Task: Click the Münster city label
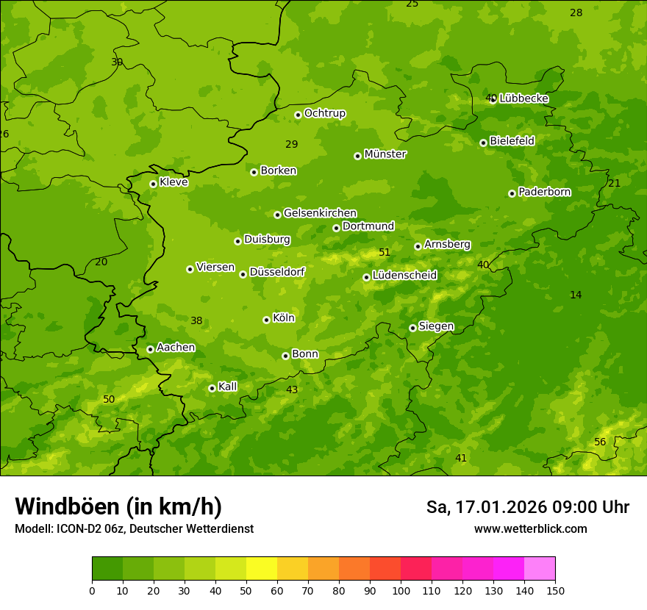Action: [385, 154]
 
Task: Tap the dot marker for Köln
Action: [266, 320]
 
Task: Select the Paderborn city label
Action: [544, 192]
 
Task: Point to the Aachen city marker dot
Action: [150, 349]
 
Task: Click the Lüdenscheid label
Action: [404, 276]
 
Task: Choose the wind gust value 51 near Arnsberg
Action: [385, 252]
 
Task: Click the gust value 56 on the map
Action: [600, 442]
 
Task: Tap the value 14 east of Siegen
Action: [576, 295]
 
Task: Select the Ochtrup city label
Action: [324, 113]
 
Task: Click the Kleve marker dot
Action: [153, 184]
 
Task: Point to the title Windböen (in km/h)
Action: [118, 506]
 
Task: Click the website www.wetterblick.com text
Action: [530, 528]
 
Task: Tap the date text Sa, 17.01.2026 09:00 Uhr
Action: [527, 507]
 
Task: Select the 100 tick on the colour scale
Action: [401, 590]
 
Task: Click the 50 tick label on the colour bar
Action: [246, 590]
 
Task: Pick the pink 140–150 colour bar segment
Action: [540, 569]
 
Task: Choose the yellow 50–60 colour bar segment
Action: [262, 569]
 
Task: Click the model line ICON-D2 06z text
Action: [134, 528]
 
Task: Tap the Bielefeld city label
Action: [512, 140]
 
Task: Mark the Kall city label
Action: [227, 387]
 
